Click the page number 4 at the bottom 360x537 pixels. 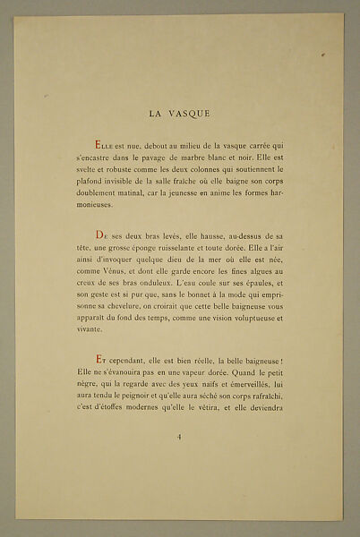(180, 436)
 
